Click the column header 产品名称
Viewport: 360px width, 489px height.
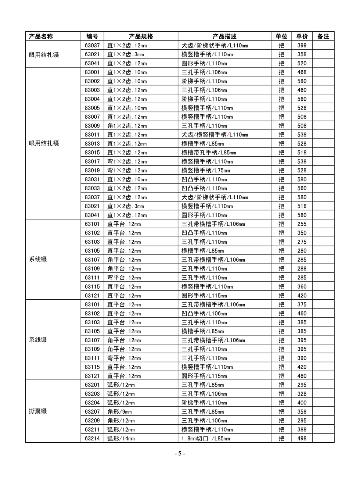[x=41, y=36]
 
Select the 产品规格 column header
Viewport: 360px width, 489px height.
[x=141, y=36]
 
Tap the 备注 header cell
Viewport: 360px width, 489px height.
[x=323, y=36]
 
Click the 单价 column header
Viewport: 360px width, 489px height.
[x=302, y=36]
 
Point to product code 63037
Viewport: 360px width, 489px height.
[x=92, y=46]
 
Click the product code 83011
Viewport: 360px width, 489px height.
[x=92, y=135]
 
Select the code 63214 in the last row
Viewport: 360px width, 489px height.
[x=92, y=439]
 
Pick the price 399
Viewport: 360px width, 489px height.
[x=302, y=46]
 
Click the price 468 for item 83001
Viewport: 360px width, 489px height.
[x=302, y=72]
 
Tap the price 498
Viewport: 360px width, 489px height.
[x=302, y=439]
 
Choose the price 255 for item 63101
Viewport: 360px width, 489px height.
[x=302, y=224]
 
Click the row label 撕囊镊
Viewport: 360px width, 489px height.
[x=38, y=411]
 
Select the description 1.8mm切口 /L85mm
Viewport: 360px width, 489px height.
[x=206, y=439]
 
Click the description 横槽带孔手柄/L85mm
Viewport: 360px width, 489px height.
[x=209, y=153]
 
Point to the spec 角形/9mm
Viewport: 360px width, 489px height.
[x=119, y=412]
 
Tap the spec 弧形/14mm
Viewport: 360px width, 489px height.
[x=121, y=439]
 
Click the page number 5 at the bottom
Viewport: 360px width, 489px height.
[x=180, y=454]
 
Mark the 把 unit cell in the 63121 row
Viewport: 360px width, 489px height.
[x=281, y=296]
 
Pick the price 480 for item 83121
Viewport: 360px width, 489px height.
[x=302, y=376]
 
